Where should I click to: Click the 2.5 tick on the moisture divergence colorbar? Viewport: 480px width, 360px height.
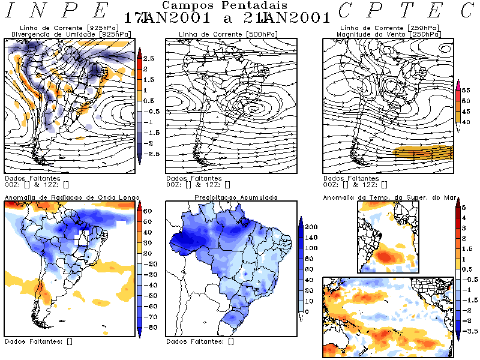(149, 59)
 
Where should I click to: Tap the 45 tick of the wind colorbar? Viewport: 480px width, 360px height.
(466, 112)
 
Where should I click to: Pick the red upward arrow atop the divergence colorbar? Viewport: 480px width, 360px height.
(139, 53)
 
